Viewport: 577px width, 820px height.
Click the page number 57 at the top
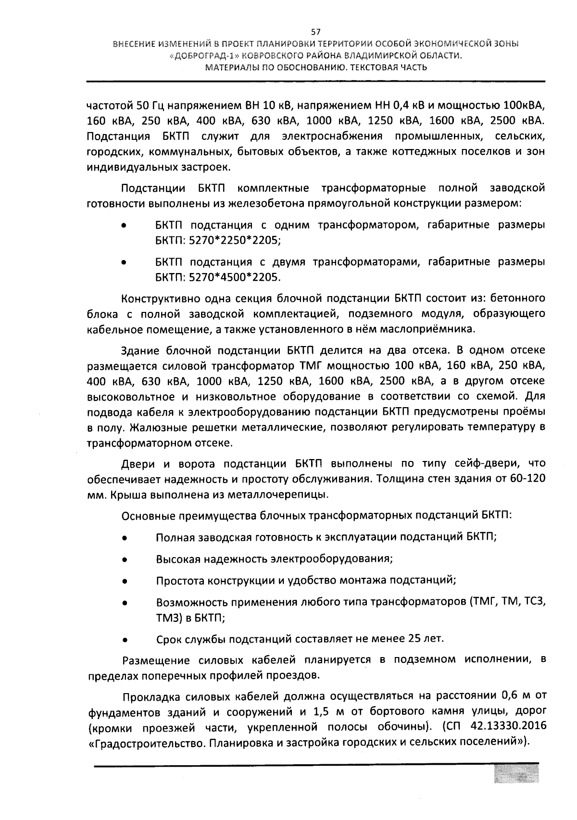point(316,33)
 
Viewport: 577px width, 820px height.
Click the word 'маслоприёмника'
point(435,329)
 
